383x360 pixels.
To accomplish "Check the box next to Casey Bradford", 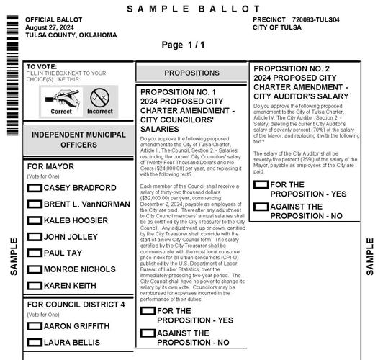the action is (x=34, y=188).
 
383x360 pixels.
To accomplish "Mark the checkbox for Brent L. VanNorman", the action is (x=34, y=204).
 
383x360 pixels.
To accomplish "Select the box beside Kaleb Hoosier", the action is (x=34, y=220).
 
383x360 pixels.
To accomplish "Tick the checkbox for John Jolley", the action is (x=34, y=237).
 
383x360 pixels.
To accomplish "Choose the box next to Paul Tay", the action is (x=34, y=253).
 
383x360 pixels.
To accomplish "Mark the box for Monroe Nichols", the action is (x=34, y=269).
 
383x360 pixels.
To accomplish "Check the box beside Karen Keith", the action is (x=34, y=286).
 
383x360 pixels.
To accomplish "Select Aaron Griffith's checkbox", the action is (x=34, y=326).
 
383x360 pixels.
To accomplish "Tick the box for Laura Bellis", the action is (x=34, y=343).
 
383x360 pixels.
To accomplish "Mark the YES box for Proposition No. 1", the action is (x=148, y=311).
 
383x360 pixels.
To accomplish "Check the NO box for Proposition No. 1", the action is (x=148, y=333).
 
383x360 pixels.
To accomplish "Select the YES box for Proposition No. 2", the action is (x=261, y=185).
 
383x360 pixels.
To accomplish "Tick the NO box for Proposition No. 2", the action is (x=261, y=207).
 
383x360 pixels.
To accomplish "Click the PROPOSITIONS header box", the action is (x=191, y=73).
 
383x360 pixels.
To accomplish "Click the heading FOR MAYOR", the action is (x=50, y=166).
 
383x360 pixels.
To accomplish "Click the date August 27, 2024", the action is (x=51, y=27).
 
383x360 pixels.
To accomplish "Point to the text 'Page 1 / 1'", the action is (x=184, y=45).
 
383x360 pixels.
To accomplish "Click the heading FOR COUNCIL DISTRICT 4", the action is (x=76, y=305).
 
